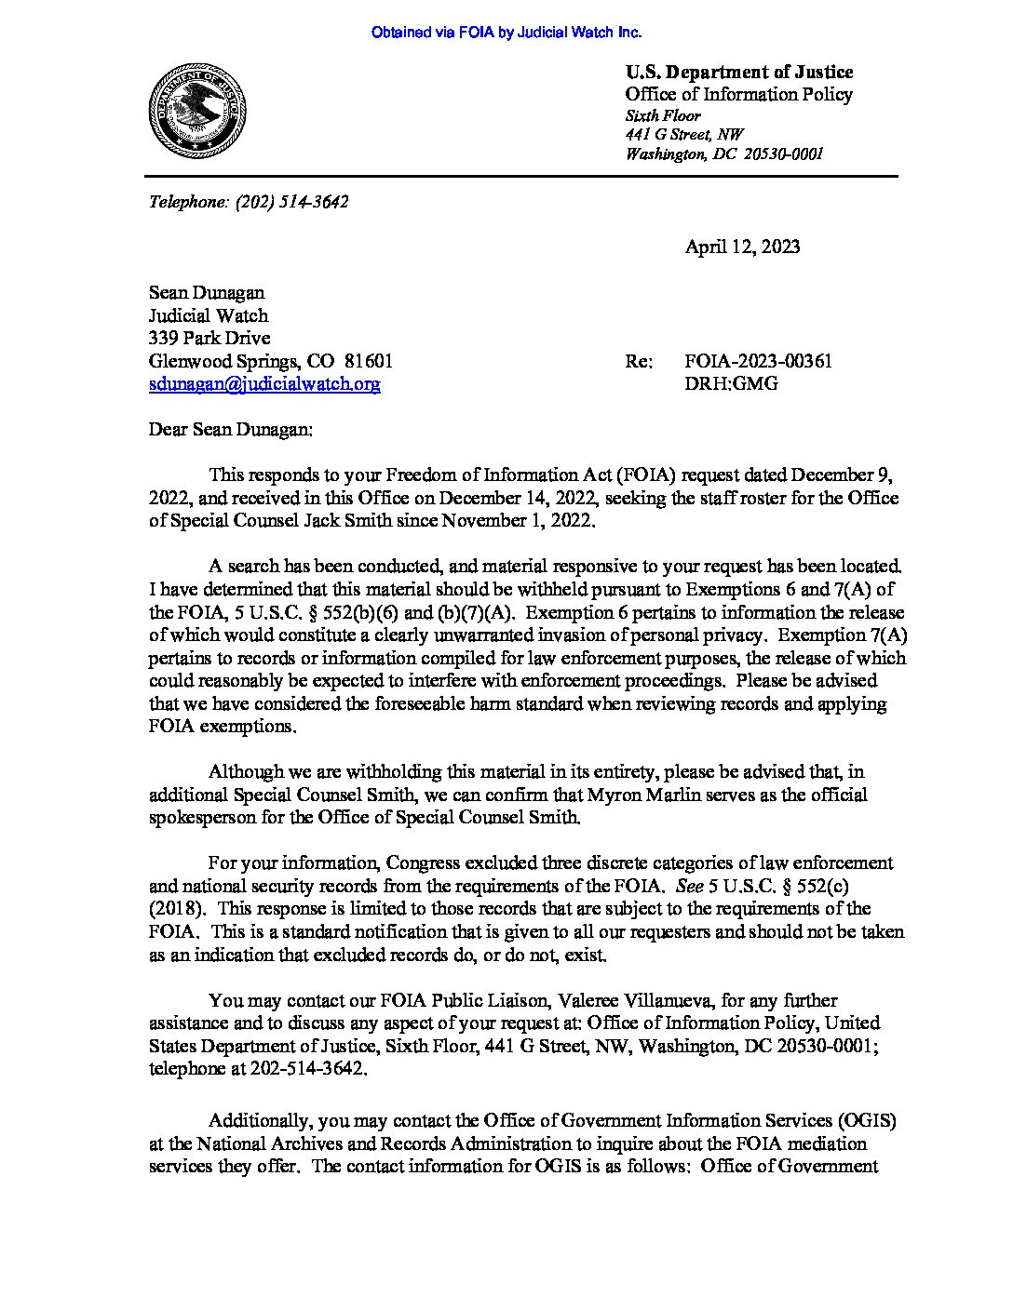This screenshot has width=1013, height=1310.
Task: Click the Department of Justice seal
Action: coord(196,111)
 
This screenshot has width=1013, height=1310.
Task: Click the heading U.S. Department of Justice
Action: coord(739,72)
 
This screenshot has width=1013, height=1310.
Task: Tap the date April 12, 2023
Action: coord(742,247)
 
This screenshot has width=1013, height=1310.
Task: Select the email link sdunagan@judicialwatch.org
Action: coord(264,383)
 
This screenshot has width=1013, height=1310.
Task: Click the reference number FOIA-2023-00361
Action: coord(758,361)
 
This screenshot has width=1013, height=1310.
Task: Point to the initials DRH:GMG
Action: coord(731,383)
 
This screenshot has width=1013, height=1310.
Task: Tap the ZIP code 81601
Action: coord(369,361)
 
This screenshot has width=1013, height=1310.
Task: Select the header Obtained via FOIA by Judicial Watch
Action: coord(506,33)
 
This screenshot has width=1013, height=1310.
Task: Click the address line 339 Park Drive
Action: coord(209,338)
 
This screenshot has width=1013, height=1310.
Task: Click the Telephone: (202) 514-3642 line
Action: coord(249,201)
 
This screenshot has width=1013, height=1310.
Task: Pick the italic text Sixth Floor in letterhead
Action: coord(663,115)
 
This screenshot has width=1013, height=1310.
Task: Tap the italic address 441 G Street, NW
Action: coord(684,135)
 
